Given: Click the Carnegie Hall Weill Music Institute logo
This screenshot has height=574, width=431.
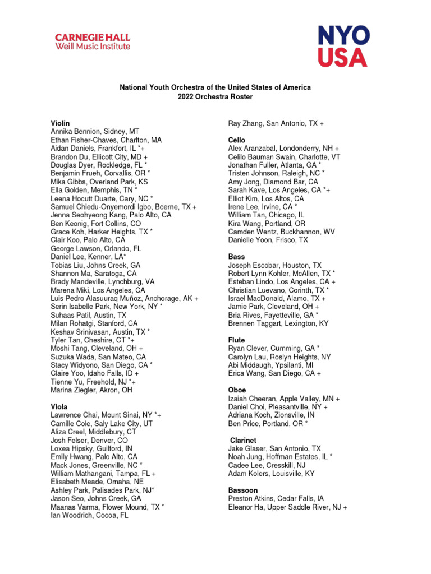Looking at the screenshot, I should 93,42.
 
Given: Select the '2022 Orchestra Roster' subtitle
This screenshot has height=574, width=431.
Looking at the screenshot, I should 215,97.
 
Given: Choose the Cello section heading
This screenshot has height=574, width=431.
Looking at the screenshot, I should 236,140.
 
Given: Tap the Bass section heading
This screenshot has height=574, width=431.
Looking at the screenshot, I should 236,257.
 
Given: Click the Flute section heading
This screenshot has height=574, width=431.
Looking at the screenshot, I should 236,340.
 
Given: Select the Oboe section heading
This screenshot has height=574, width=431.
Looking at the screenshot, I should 237,390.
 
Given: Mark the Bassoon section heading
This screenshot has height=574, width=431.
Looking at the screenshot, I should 242,490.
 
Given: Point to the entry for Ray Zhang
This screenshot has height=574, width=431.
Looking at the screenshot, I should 276,123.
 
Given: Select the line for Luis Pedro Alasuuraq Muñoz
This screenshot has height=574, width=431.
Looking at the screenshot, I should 124,299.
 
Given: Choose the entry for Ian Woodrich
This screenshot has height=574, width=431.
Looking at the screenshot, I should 89,516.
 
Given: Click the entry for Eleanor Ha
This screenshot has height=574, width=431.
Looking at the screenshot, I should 287,507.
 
